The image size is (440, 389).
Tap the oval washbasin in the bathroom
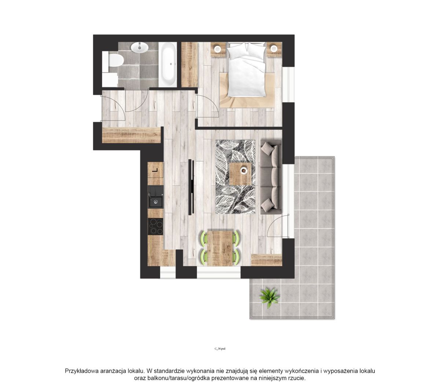point(139,47)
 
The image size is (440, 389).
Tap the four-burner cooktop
point(155,226)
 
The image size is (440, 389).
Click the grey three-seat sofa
point(271,177)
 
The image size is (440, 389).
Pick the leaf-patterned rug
point(235,177)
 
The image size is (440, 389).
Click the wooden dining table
point(220,248)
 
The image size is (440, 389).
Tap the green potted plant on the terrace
point(269,297)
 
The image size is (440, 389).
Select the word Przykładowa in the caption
point(82,371)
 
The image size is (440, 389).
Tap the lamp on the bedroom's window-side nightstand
point(274,48)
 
